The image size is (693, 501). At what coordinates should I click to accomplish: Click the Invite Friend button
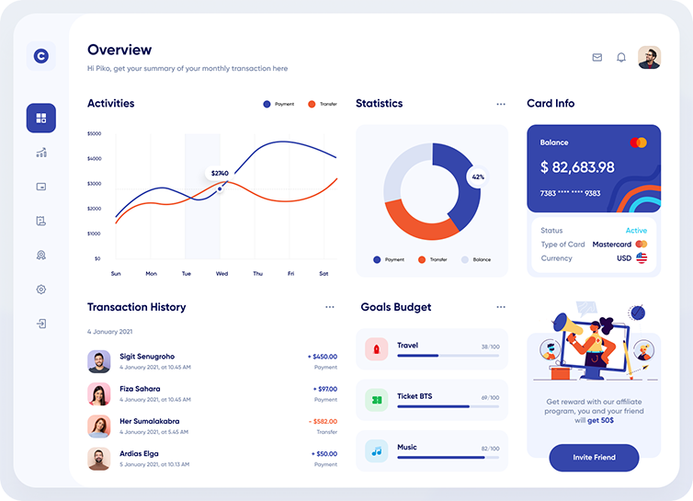tap(594, 457)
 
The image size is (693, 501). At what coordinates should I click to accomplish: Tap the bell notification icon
tap(621, 57)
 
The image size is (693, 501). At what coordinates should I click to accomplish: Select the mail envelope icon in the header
tap(597, 57)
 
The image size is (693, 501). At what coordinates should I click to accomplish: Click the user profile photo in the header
tap(649, 57)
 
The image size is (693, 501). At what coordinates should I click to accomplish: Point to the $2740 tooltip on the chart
tap(220, 173)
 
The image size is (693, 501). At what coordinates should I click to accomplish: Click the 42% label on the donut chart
tap(478, 176)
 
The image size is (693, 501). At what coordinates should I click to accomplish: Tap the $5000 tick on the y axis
tap(94, 133)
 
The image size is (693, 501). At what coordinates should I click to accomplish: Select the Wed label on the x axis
tap(222, 273)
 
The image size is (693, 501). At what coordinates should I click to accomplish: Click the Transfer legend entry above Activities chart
tap(323, 104)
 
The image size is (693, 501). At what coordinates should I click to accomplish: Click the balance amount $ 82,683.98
tap(577, 167)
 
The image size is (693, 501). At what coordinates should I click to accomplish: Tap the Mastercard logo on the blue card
tap(639, 142)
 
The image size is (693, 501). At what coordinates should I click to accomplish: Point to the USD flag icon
tap(642, 258)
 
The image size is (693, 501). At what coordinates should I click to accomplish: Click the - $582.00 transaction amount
tap(322, 421)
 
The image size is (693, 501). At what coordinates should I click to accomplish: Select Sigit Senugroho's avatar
tap(99, 361)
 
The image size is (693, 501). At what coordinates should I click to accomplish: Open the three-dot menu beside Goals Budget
tap(501, 307)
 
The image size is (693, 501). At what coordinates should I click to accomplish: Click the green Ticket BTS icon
tap(376, 400)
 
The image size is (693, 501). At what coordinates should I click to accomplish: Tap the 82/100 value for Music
tap(490, 449)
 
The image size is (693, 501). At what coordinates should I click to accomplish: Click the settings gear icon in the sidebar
tap(41, 290)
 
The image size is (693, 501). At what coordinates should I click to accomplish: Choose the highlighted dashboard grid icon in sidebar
tap(41, 118)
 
